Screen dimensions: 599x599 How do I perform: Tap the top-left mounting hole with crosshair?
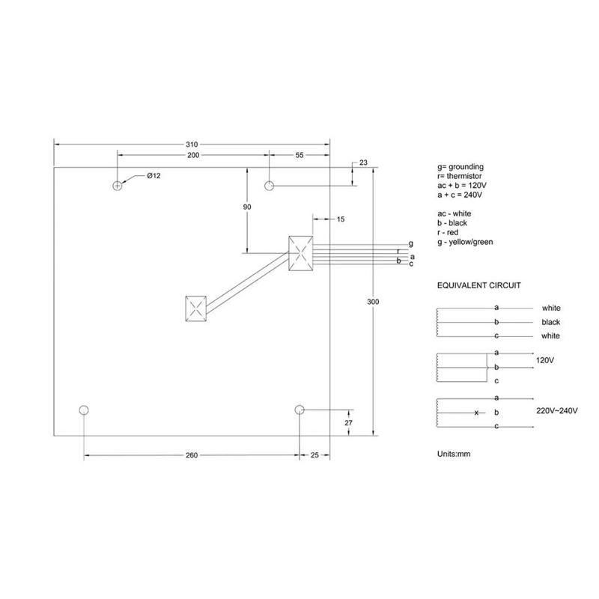(118, 185)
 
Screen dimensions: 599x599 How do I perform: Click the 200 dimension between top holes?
(193, 155)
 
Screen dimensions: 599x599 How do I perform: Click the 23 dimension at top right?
(364, 162)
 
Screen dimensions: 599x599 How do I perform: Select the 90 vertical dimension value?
(246, 206)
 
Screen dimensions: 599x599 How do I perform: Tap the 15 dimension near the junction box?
(341, 219)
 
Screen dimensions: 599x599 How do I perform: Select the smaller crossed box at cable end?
(195, 308)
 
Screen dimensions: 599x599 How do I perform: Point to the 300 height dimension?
(374, 302)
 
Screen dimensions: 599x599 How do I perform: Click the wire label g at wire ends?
(410, 244)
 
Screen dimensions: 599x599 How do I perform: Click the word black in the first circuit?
(551, 322)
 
